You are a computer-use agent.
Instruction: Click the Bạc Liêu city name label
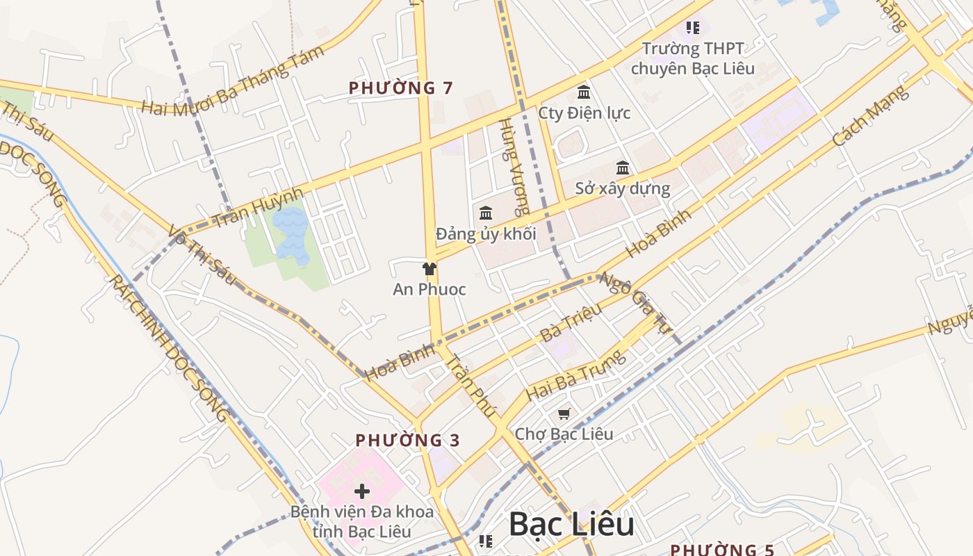point(571,524)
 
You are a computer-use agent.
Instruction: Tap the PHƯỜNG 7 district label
point(400,88)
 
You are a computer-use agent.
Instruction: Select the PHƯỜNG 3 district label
point(407,441)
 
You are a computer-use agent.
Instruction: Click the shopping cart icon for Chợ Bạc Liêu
point(564,414)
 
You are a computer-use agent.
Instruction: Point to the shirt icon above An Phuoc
point(429,269)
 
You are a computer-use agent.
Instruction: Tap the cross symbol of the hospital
point(361,491)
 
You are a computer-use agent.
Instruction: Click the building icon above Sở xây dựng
point(623,168)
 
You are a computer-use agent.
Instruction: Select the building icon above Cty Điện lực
point(584,92)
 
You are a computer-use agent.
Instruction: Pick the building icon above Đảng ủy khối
point(486,213)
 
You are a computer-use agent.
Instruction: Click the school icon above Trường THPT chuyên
point(692,28)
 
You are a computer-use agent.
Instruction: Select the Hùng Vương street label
point(513,167)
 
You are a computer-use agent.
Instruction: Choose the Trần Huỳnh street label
point(259,208)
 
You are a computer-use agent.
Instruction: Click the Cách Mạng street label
point(871,115)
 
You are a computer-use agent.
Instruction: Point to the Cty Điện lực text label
point(584,113)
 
